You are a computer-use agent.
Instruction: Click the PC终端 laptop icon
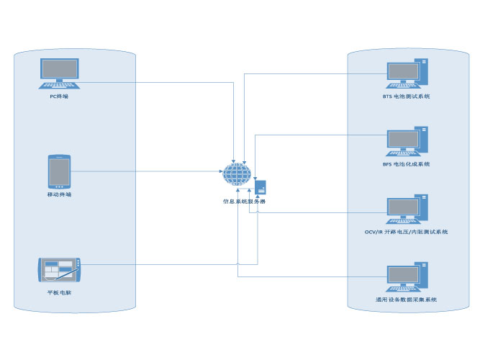coord(59,73)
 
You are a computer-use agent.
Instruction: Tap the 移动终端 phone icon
coord(59,171)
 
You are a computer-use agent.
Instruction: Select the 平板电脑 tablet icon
coord(59,271)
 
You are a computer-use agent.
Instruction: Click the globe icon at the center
coord(237,174)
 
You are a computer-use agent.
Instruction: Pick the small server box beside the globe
coord(261,187)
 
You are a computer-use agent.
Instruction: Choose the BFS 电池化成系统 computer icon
coord(407,141)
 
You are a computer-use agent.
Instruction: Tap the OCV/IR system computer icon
coord(407,209)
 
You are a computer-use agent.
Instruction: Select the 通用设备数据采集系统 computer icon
coord(407,277)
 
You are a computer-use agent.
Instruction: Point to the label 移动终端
coord(59,194)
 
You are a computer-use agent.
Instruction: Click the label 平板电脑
coord(59,292)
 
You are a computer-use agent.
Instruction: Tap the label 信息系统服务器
coord(244,202)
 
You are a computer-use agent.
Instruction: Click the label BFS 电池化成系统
coord(407,164)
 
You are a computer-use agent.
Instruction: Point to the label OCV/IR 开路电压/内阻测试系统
coord(407,232)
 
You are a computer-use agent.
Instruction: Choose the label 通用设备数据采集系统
coord(407,300)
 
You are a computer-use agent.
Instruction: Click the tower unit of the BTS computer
coord(424,73)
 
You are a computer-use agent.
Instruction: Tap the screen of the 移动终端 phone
coord(59,171)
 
